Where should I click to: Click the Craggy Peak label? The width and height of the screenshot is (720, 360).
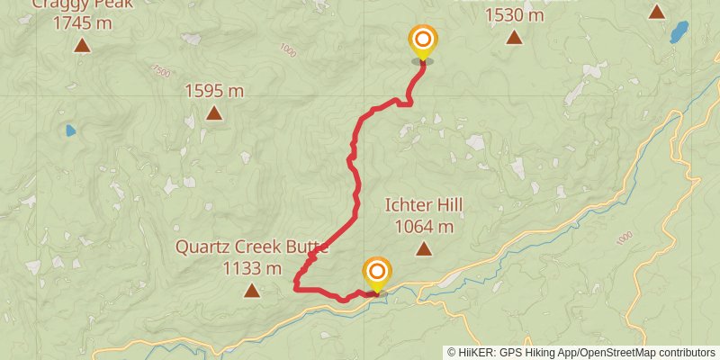tap(82, 4)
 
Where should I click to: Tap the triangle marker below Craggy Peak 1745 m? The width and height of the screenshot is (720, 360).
tap(82, 45)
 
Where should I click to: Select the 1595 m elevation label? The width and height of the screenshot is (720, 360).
tap(214, 90)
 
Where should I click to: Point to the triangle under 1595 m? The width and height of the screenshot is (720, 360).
tap(214, 112)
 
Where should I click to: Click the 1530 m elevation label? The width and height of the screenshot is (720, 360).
tap(514, 14)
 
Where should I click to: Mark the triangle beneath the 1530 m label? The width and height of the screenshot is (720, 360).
tap(514, 37)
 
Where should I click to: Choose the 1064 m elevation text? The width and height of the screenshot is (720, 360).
tap(423, 227)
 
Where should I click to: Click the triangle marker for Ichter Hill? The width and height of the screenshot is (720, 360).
tap(423, 250)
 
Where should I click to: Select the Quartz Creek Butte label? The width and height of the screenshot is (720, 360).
tap(252, 247)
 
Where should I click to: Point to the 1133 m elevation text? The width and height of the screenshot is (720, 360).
tap(252, 267)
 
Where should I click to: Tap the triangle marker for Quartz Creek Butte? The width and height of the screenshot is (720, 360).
tap(252, 290)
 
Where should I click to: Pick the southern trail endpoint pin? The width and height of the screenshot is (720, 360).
tap(377, 273)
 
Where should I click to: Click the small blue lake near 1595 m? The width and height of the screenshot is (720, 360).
tap(70, 130)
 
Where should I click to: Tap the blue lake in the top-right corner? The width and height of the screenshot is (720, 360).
tap(679, 33)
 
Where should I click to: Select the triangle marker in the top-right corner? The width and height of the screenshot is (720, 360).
tap(657, 12)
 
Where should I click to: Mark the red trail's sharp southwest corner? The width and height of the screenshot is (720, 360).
tap(296, 289)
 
